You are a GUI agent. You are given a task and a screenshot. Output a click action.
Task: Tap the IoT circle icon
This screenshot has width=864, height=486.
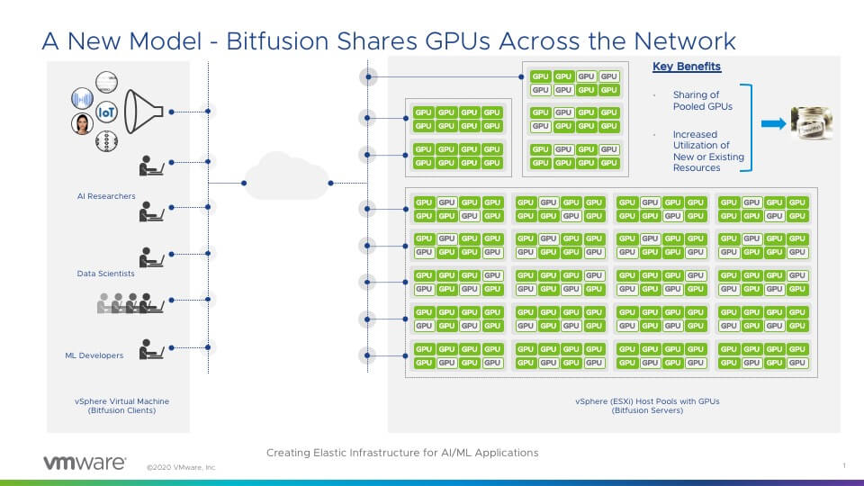click(107, 112)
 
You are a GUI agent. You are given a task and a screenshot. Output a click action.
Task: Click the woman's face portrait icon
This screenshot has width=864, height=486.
click(83, 123)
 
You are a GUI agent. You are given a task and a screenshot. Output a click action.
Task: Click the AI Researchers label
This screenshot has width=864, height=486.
click(106, 196)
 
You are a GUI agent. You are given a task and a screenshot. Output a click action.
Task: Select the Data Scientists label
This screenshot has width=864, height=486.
click(106, 273)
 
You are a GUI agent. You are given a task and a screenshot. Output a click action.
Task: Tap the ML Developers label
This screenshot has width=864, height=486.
click(94, 355)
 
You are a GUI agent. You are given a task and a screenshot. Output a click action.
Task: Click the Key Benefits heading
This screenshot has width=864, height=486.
click(687, 67)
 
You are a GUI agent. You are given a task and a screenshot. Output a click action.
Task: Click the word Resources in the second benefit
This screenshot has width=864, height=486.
click(697, 167)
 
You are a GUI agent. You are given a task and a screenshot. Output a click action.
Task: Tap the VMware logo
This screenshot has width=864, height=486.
click(85, 463)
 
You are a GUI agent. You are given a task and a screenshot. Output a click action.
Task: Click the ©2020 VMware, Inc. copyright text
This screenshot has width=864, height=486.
click(181, 468)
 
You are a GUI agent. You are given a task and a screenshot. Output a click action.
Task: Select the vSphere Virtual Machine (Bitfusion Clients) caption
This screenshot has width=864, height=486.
click(121, 406)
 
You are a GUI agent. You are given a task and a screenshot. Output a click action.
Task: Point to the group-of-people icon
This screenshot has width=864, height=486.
click(130, 303)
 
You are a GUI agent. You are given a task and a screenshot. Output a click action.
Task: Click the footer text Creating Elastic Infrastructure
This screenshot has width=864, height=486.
click(402, 453)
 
